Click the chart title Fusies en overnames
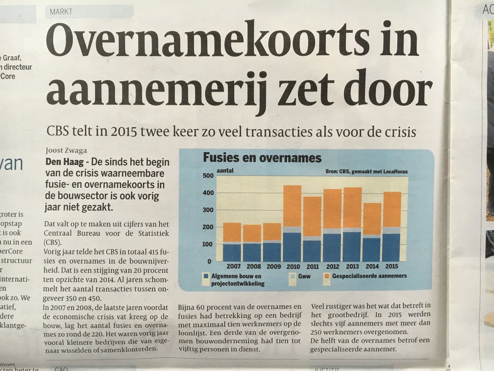pos(262,158)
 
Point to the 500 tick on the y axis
pos(208,176)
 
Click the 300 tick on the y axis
pos(208,210)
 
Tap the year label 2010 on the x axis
pos(293,267)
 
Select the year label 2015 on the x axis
pos(391,267)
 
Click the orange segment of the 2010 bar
pos(292,206)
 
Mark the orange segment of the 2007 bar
pos(232,232)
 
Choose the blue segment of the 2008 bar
pos(252,252)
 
